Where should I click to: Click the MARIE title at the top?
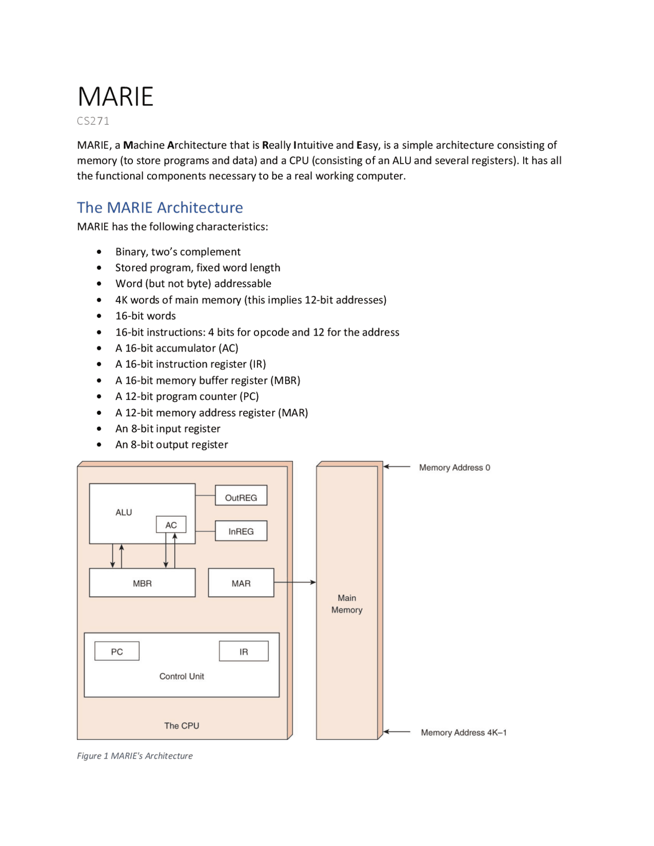click(115, 97)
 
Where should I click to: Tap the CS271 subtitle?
click(93, 121)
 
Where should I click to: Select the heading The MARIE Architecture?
click(160, 207)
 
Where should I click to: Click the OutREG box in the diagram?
click(241, 497)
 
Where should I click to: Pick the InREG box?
click(241, 531)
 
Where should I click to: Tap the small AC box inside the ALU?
click(171, 525)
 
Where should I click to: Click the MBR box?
click(142, 583)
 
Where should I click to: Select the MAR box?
click(241, 583)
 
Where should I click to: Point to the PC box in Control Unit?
click(116, 651)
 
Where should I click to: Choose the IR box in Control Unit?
click(244, 651)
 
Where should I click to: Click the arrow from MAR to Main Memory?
click(295, 582)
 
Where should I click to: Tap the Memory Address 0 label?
click(454, 467)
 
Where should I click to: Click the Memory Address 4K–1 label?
click(463, 732)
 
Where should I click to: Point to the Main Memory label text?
click(346, 604)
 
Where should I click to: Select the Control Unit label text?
click(181, 676)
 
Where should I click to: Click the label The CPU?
click(181, 725)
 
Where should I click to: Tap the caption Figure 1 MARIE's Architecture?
click(135, 756)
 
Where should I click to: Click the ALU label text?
click(124, 512)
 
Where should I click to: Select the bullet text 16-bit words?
click(146, 316)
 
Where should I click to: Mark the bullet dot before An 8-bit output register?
click(99, 445)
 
